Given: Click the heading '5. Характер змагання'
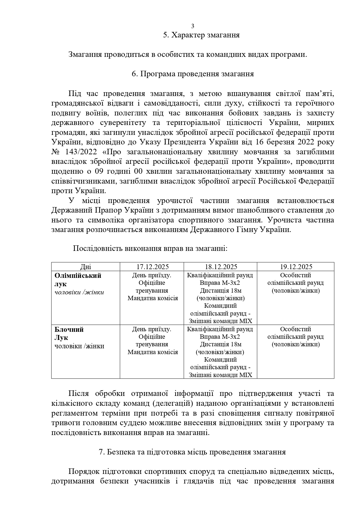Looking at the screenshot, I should (x=201, y=35).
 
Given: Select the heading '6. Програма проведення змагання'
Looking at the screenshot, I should (x=193, y=74).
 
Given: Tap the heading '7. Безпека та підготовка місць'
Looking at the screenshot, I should (x=192, y=452).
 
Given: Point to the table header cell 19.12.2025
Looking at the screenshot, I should (x=296, y=267).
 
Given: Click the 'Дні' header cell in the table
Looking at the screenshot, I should (x=86, y=267).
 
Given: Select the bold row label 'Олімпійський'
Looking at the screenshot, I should (x=78, y=276).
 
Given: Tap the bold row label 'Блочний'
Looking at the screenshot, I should (x=69, y=329).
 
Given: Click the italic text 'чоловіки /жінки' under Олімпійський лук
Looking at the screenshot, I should (x=79, y=292).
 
